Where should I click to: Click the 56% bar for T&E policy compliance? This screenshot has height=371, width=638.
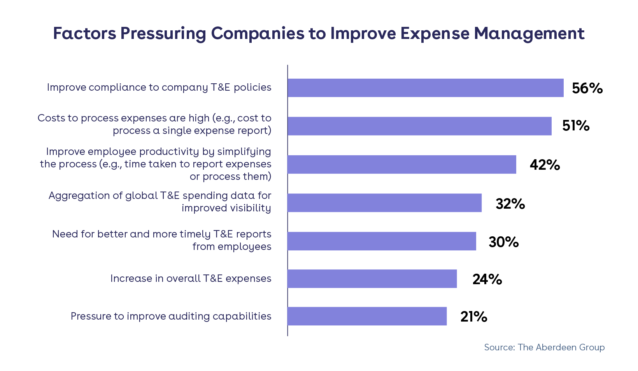(425, 88)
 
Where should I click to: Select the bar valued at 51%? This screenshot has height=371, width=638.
(419, 126)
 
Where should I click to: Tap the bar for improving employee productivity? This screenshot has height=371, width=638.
(401, 164)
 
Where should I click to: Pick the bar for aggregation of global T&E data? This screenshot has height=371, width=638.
(384, 203)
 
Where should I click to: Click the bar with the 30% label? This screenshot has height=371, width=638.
(382, 241)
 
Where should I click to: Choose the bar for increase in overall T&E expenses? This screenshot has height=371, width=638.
(372, 279)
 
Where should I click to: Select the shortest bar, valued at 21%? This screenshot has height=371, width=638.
(367, 316)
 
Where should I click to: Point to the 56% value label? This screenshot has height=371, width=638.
(587, 88)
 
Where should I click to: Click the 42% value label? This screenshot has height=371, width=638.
(545, 165)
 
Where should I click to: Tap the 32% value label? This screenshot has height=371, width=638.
(510, 204)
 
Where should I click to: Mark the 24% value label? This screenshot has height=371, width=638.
(487, 279)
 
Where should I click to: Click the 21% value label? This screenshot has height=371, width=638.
(473, 316)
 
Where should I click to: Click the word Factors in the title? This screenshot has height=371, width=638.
(84, 33)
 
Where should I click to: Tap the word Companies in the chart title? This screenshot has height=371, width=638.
(258, 33)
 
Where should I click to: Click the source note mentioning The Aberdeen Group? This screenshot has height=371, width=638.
(544, 347)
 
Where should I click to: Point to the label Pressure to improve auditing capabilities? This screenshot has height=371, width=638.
(171, 316)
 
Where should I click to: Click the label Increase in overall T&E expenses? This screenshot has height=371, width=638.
(191, 278)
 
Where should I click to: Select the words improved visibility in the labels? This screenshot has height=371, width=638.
(226, 208)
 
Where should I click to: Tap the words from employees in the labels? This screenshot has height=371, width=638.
(232, 246)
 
